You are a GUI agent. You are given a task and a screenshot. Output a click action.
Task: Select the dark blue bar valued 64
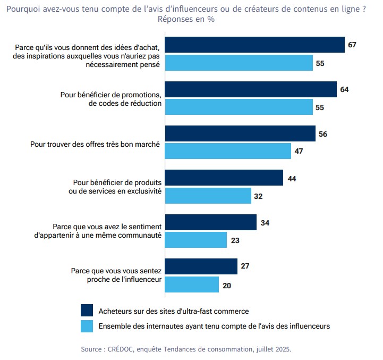pyautogui.click(x=251, y=89)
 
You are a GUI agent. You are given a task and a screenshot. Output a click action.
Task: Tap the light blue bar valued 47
pyautogui.click(x=228, y=152)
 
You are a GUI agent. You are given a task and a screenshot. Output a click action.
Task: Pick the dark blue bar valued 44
pyautogui.click(x=224, y=178)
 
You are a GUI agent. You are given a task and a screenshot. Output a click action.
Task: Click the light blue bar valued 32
pyautogui.click(x=208, y=196)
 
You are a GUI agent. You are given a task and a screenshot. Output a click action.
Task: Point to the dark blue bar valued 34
pyautogui.click(x=210, y=222)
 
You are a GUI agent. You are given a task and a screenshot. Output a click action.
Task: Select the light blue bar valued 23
pyautogui.click(x=195, y=240)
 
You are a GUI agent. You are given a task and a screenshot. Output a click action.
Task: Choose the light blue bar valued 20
pyautogui.click(x=192, y=284)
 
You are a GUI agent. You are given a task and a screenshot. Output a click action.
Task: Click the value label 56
pyautogui.click(x=323, y=134)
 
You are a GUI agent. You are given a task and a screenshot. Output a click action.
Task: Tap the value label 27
pyautogui.click(x=245, y=266)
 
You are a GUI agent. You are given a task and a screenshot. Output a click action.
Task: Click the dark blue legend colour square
pyautogui.click(x=87, y=310)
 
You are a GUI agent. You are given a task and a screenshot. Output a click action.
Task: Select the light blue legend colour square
pyautogui.click(x=87, y=325)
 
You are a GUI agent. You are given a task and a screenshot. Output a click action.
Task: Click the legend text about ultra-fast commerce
pyautogui.click(x=174, y=311)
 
